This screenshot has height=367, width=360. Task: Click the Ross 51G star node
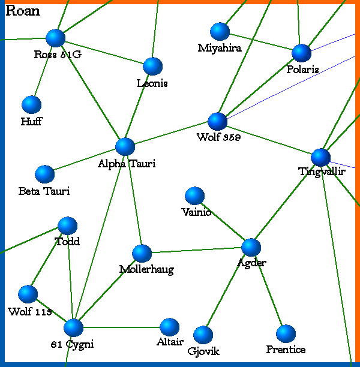55,38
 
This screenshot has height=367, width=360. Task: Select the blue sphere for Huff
31,104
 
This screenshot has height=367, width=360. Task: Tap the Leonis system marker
153,66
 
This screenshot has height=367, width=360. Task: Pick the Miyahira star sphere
220,31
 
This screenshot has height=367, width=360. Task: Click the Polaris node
301,53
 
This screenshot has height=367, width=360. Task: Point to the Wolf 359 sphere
217,121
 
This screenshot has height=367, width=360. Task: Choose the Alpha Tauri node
125,146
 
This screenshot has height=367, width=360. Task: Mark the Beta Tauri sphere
44,174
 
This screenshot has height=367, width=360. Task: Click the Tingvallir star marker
321,157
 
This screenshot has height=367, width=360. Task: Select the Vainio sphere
194,195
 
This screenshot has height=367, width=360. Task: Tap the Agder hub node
251,247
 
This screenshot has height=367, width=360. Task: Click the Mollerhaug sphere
142,253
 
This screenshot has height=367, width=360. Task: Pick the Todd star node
67,225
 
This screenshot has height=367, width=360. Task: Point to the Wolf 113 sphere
28,294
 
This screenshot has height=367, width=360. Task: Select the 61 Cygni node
73,327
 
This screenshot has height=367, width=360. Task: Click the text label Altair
170,342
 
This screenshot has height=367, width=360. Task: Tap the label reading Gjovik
203,351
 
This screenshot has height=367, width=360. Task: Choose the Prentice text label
286,350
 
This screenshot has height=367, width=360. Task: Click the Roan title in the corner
22,11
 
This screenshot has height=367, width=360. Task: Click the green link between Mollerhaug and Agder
196,250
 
